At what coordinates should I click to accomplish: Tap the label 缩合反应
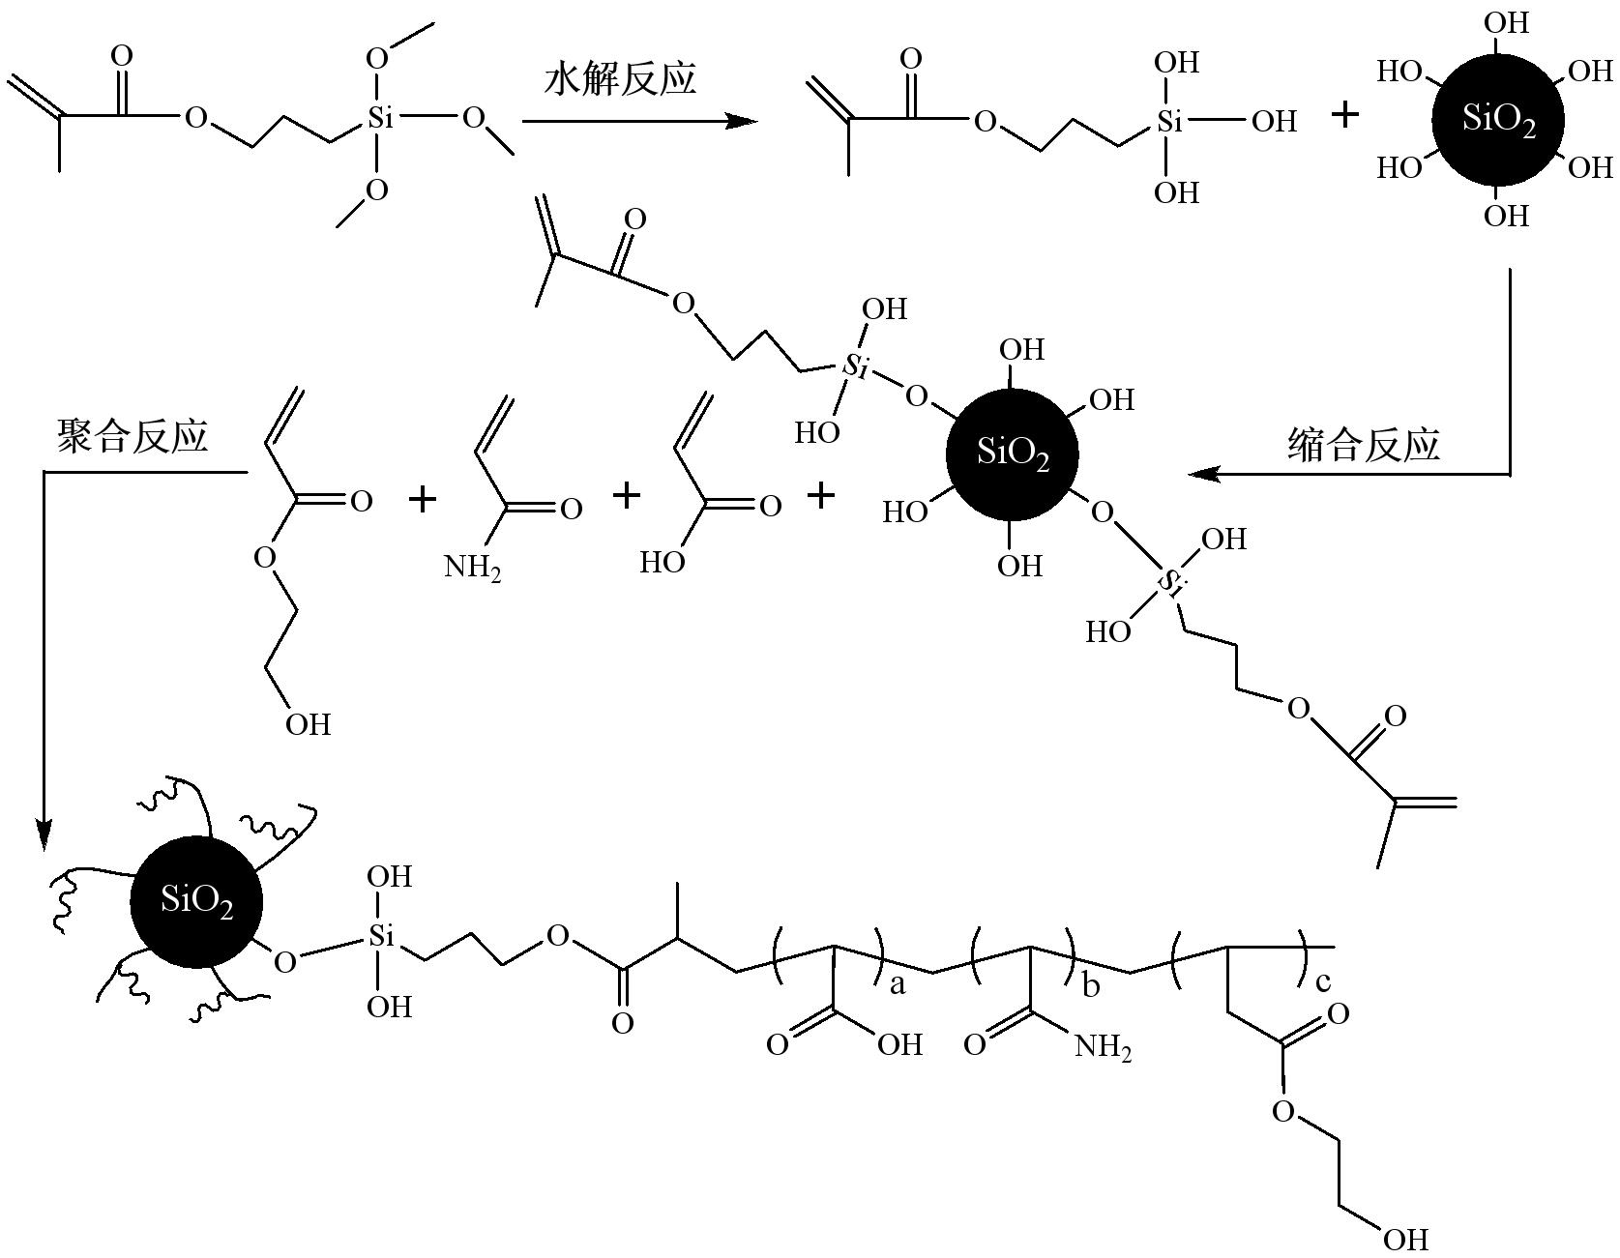[x=1364, y=445]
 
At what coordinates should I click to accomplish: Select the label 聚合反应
[x=133, y=436]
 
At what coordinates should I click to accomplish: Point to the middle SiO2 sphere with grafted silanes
[x=1012, y=453]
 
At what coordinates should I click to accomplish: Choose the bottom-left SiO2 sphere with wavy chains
[x=196, y=901]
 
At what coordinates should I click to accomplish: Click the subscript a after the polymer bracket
[x=898, y=984]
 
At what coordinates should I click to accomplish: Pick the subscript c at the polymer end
[x=1322, y=982]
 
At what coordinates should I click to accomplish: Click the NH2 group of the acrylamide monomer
[x=473, y=566]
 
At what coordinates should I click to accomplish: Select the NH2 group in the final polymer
[x=1103, y=1046]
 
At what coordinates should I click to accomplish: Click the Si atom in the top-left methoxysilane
[x=380, y=119]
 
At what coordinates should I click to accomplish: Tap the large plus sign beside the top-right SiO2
[x=1344, y=115]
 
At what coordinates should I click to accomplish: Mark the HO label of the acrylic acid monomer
[x=663, y=562]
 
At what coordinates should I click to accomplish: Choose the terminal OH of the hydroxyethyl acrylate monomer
[x=308, y=723]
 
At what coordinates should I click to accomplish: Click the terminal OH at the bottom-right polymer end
[x=1405, y=1239]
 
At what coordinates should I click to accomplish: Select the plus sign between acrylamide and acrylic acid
[x=627, y=496]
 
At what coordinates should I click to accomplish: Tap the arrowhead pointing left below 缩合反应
[x=1202, y=474]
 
